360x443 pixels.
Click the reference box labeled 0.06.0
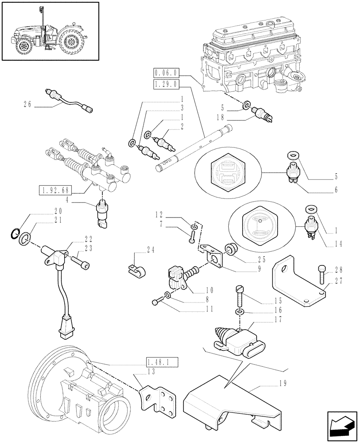click(165, 72)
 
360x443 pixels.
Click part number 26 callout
click(27, 105)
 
